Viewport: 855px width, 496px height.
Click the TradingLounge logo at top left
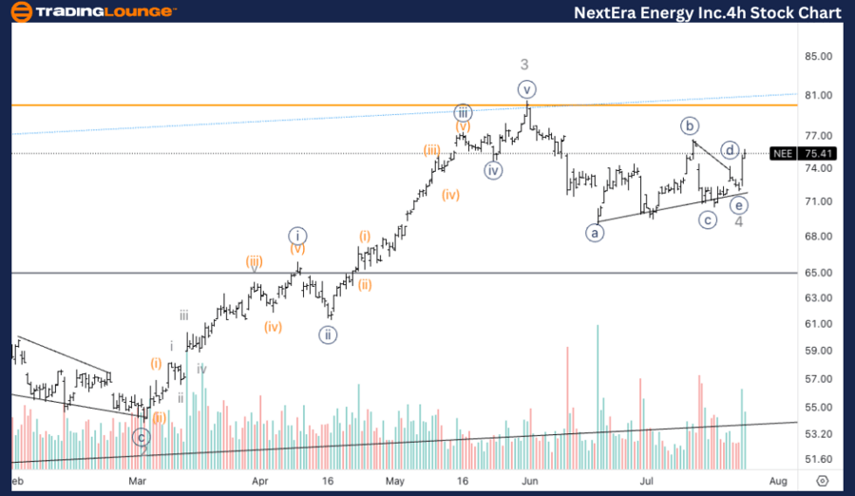91,12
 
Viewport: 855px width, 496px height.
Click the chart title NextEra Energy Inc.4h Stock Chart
708,12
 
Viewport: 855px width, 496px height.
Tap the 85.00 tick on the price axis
818,56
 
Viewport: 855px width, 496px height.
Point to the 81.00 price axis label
818,96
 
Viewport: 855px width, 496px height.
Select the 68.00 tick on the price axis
818,237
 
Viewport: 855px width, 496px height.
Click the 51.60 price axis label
818,459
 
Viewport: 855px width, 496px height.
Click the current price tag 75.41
818,153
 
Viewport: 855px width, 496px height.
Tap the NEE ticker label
783,153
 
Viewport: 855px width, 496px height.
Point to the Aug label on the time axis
777,482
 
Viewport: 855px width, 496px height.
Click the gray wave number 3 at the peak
524,65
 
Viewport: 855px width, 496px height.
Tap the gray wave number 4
738,221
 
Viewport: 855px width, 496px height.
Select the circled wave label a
596,231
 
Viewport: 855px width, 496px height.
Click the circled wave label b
690,125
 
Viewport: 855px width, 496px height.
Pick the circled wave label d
730,149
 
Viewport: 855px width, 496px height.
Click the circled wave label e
738,204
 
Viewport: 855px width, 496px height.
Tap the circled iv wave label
492,170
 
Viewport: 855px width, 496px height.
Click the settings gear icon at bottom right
823,482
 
